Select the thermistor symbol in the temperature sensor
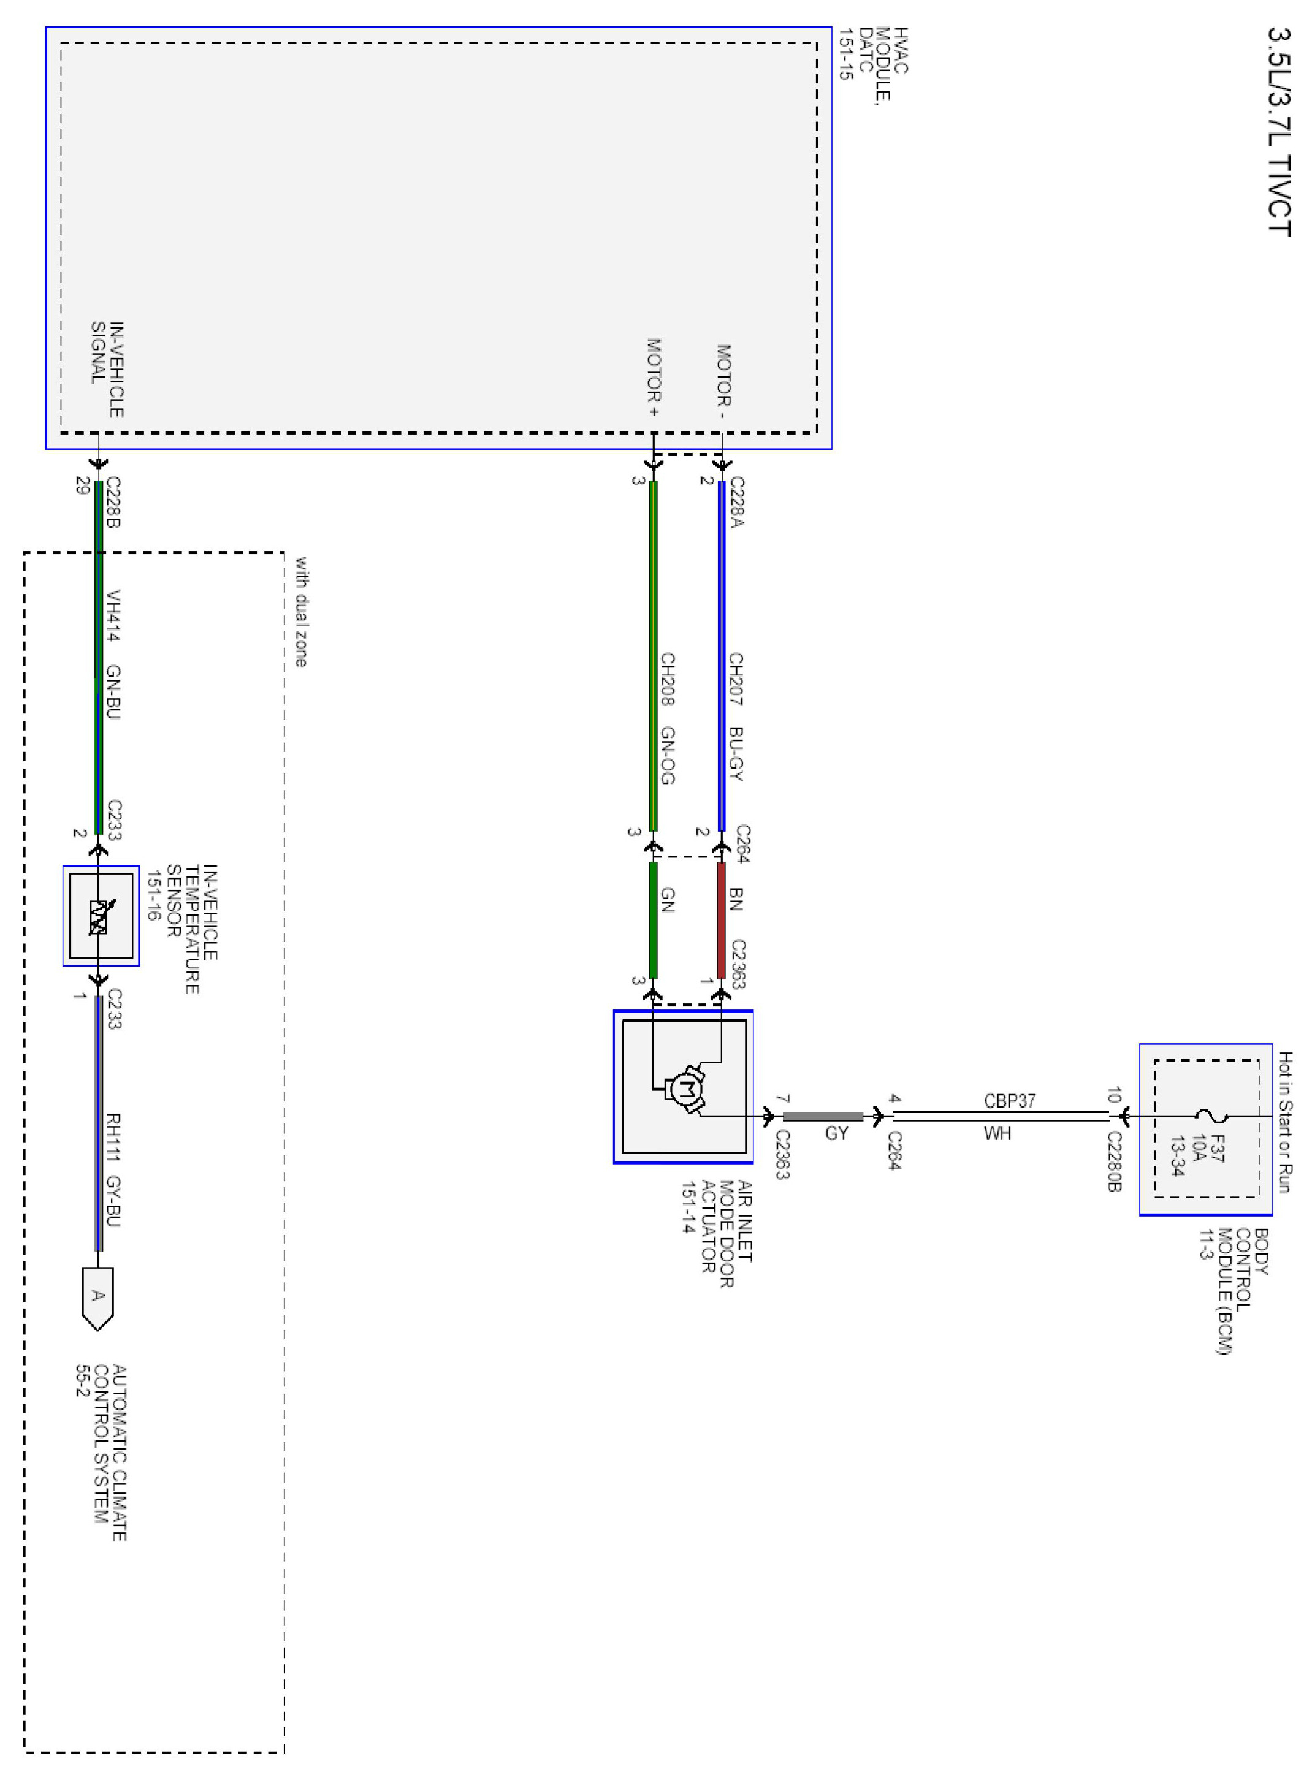tap(99, 917)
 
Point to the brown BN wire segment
tap(721, 920)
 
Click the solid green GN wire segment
tap(653, 920)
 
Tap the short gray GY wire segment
tap(823, 1116)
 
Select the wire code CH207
tap(736, 680)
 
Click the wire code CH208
tap(668, 680)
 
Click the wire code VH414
tap(113, 615)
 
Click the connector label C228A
tap(737, 502)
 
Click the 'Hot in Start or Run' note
tap(1285, 1122)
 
